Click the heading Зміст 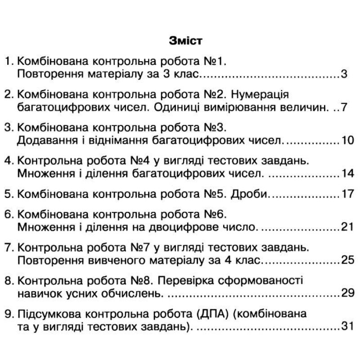point(186,40)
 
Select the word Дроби point(250,195)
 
